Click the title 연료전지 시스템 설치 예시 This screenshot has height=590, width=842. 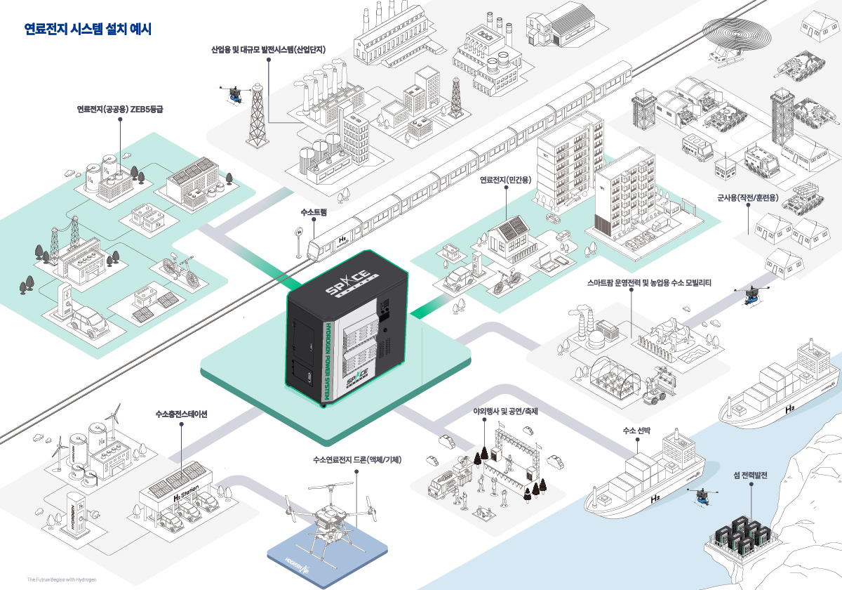88,29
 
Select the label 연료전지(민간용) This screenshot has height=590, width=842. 505,181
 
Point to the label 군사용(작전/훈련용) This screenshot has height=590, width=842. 747,198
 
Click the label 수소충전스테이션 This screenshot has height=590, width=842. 181,414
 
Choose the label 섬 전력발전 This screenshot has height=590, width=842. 749,476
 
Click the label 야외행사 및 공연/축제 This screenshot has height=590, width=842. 505,411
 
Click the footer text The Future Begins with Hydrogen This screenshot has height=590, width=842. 62,579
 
